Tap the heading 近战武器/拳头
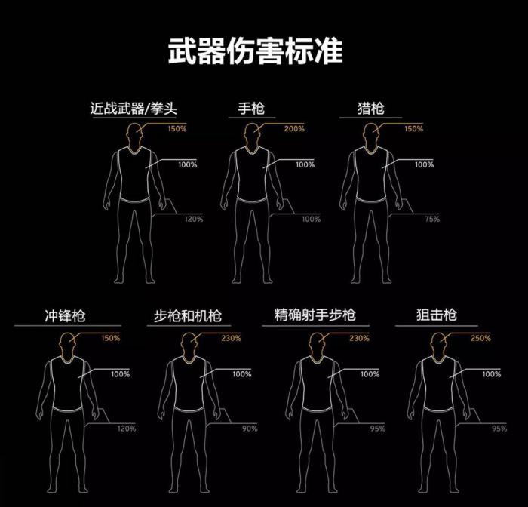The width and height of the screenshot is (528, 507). point(134,109)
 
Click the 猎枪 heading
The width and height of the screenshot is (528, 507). point(371,109)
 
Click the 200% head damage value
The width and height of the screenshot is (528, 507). point(295,129)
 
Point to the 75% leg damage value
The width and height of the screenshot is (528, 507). point(432,220)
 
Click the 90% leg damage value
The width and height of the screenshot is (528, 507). point(250,429)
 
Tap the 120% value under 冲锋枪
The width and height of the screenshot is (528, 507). point(126,429)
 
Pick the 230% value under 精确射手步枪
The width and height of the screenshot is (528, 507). point(360,338)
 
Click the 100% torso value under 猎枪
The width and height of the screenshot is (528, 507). point(424,164)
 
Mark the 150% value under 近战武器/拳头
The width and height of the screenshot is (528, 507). point(177,129)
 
